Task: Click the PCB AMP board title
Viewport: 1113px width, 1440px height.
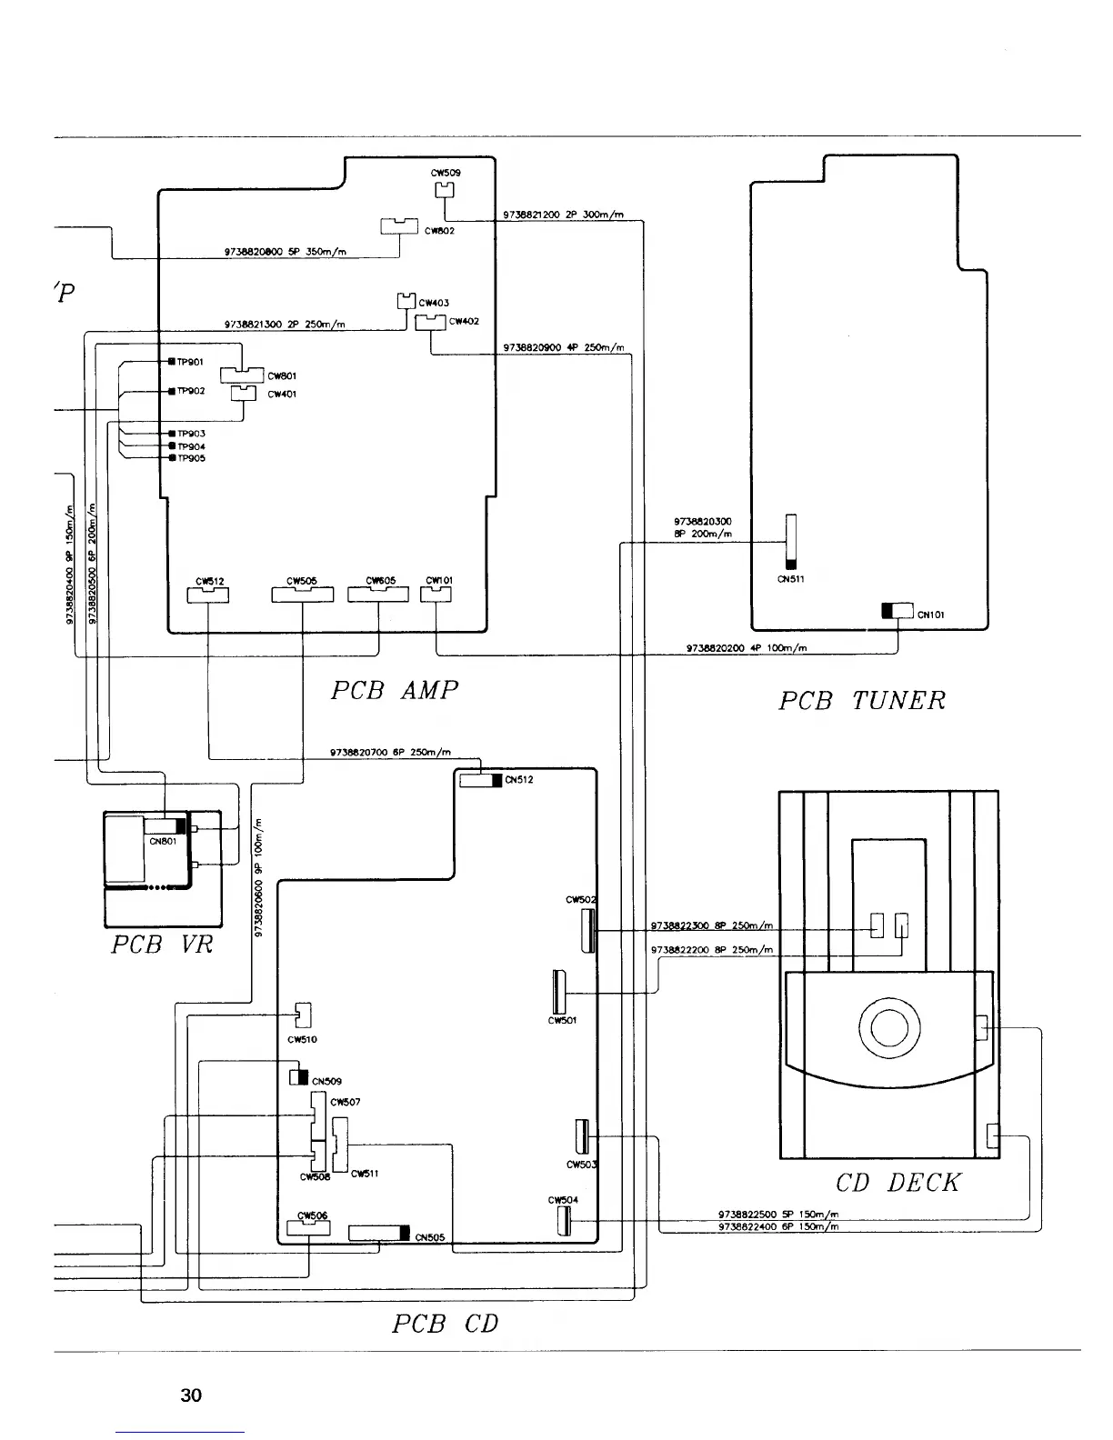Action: [x=394, y=691]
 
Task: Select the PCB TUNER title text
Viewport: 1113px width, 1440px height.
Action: [x=862, y=701]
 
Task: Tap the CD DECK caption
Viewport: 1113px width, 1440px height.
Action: [x=897, y=1183]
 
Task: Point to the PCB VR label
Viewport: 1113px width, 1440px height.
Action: [x=162, y=945]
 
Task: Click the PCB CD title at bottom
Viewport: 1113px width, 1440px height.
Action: [x=445, y=1324]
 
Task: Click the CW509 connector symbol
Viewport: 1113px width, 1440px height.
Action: [x=444, y=190]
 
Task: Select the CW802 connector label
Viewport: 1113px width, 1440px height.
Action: [x=443, y=231]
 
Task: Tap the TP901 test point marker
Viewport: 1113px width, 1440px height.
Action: [x=171, y=362]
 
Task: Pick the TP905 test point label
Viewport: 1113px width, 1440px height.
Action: [x=192, y=458]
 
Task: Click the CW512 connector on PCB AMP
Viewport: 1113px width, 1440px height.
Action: [x=209, y=595]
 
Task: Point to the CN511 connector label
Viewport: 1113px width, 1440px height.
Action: [x=790, y=579]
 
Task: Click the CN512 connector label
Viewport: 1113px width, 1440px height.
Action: [x=518, y=779]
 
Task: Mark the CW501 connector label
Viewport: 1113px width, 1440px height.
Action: [x=562, y=1020]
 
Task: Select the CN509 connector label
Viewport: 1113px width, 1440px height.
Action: [x=326, y=1082]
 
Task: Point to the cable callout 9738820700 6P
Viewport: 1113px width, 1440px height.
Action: [x=390, y=752]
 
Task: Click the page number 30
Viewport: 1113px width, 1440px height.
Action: [x=191, y=1395]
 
